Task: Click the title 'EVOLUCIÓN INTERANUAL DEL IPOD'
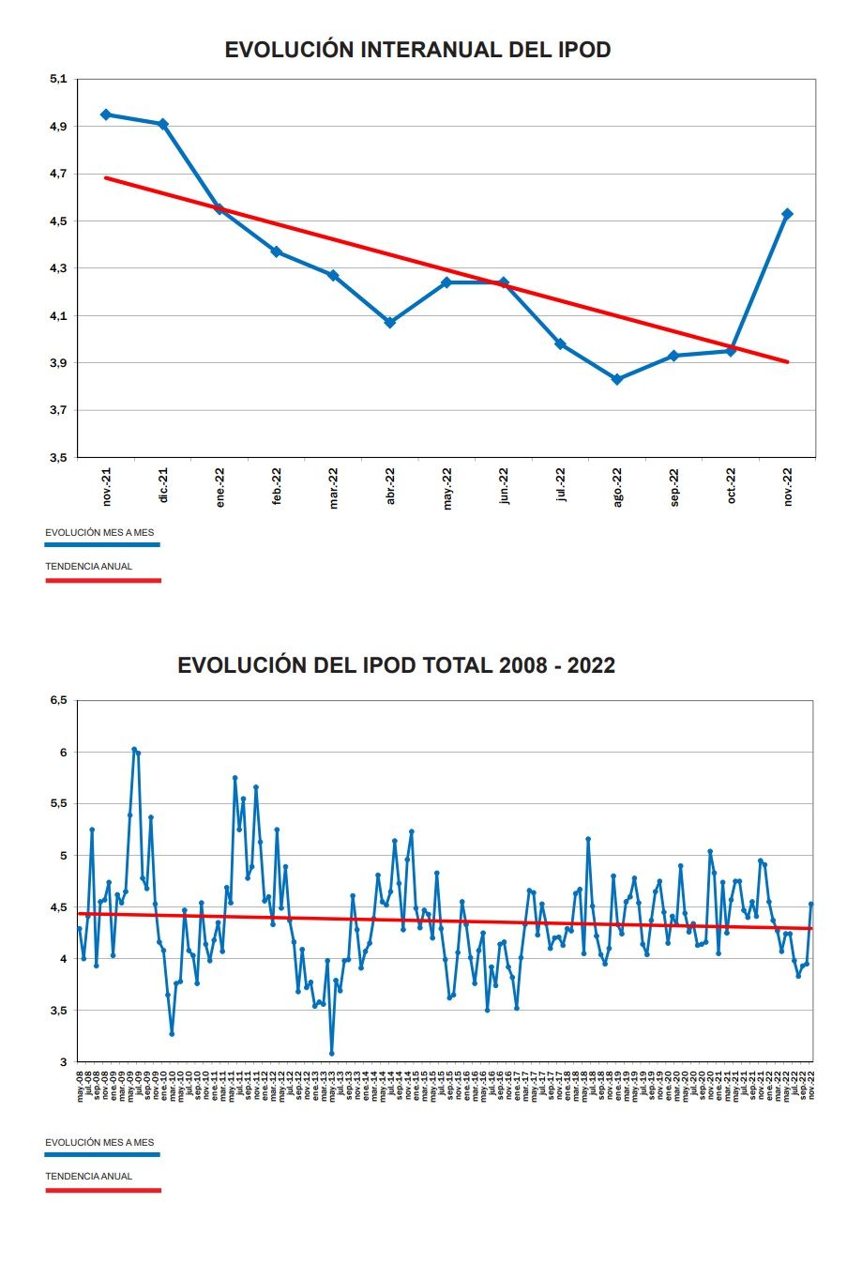tap(417, 50)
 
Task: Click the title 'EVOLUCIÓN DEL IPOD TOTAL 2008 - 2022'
tap(396, 665)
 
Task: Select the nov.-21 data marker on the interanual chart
tap(106, 114)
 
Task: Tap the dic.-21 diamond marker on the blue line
tap(163, 124)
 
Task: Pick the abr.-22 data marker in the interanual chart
tap(390, 322)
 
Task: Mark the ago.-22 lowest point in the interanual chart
tap(617, 379)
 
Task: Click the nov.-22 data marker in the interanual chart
tap(787, 214)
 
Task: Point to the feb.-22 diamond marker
tap(277, 251)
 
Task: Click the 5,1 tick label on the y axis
tap(58, 79)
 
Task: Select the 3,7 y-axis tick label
tap(58, 410)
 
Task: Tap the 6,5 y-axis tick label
tap(58, 700)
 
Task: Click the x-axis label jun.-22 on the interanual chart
tap(505, 486)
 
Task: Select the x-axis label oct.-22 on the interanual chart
tap(732, 486)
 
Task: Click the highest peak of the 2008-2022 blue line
tap(134, 750)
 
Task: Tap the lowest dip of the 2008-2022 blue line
tap(331, 1053)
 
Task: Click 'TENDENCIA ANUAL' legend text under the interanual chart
tap(89, 566)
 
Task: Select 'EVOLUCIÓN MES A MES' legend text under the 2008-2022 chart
tap(99, 1142)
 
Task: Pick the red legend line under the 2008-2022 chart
tap(103, 1190)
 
